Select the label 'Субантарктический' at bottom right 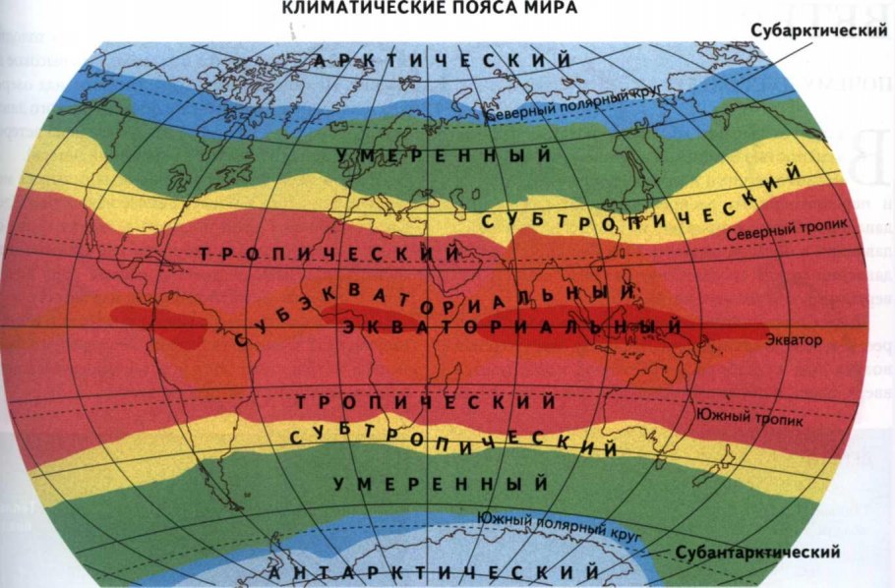coord(757,553)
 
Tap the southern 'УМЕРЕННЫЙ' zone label coord(441,484)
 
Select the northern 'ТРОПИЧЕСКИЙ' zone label coord(330,254)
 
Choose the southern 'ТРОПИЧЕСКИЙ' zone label coord(426,403)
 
